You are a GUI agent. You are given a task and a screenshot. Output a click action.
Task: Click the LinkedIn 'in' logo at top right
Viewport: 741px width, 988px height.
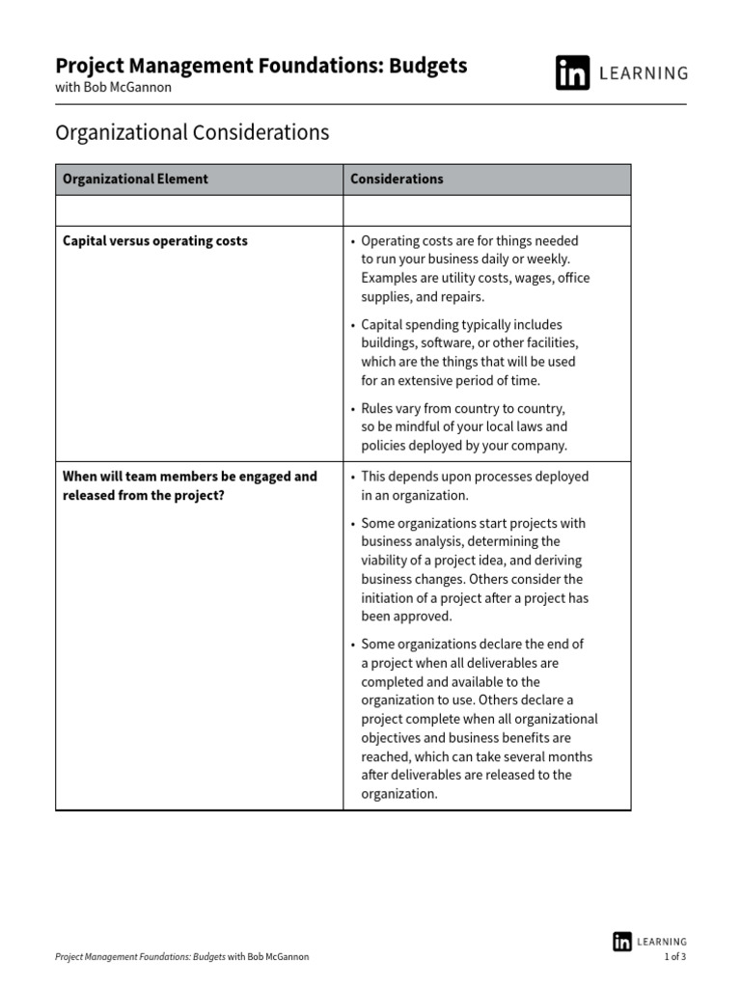point(572,73)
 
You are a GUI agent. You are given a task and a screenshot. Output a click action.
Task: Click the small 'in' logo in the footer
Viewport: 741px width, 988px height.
point(622,941)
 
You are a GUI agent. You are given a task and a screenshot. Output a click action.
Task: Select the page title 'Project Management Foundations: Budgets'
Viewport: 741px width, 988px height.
point(261,66)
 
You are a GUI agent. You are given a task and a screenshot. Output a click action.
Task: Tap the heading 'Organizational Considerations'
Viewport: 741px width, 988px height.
point(192,132)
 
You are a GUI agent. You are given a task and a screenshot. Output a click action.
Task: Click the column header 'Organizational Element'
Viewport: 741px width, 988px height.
point(135,179)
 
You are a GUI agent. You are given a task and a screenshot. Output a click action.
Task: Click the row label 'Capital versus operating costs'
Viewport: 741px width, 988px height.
point(155,241)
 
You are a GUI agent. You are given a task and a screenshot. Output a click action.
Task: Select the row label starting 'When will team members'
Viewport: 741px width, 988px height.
point(190,485)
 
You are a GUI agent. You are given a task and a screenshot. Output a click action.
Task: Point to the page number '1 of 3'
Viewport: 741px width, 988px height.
point(674,957)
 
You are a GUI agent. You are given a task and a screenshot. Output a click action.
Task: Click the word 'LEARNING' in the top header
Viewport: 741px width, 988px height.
point(645,73)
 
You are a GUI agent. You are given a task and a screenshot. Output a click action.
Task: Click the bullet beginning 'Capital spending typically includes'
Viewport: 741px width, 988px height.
point(469,352)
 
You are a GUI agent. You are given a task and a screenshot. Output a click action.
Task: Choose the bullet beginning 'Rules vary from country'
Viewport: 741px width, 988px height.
point(464,426)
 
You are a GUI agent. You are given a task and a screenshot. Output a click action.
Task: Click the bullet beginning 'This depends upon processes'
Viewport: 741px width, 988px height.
point(474,485)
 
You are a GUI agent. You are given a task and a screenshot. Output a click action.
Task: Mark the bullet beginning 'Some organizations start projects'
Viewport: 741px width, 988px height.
point(473,569)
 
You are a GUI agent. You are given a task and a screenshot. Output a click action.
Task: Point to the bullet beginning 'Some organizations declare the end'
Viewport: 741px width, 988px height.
point(479,719)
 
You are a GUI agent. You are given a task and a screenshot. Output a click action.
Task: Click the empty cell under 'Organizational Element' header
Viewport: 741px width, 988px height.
point(200,210)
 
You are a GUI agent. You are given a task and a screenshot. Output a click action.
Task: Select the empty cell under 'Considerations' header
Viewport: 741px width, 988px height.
point(487,210)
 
